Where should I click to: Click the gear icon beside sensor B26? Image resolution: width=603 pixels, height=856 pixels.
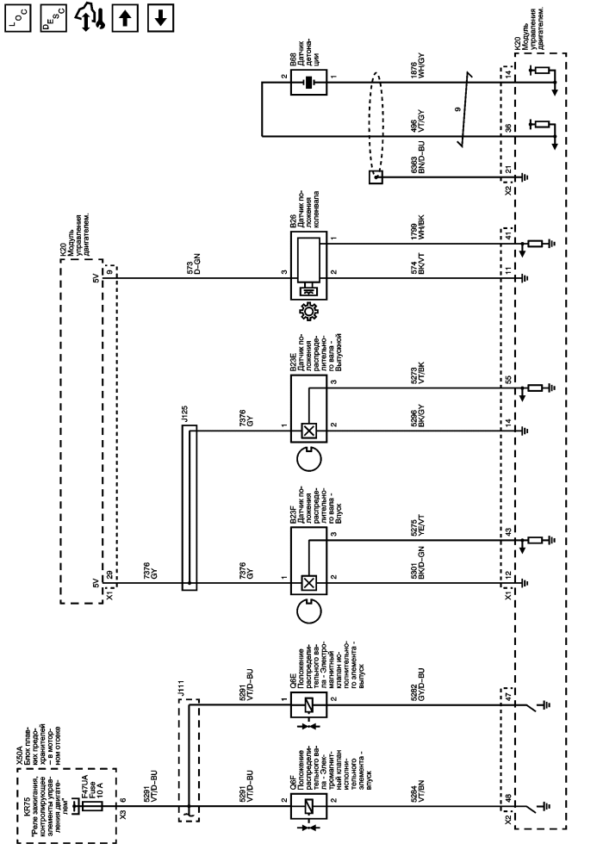coord(307,311)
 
